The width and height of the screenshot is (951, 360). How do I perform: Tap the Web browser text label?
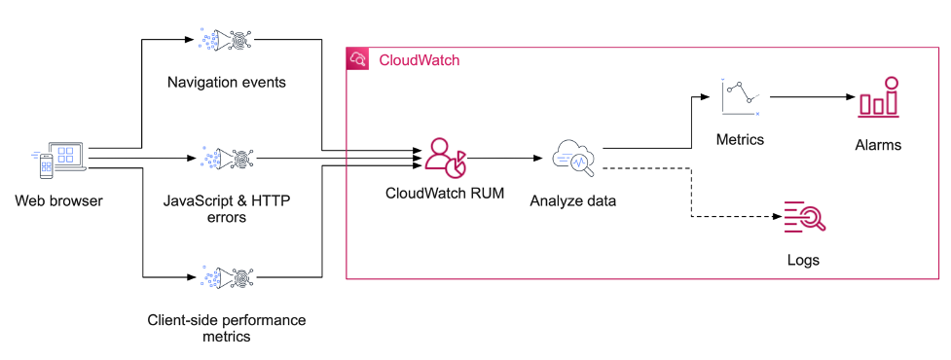(x=58, y=201)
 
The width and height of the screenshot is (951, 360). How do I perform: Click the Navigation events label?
(x=227, y=82)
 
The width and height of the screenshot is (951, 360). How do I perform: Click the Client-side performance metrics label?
(x=226, y=328)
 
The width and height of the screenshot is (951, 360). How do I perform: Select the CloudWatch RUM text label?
(x=445, y=193)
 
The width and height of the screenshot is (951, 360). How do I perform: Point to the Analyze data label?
(x=573, y=201)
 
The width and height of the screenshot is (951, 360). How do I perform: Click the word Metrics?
(x=740, y=139)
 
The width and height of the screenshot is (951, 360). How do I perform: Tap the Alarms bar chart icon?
(x=878, y=98)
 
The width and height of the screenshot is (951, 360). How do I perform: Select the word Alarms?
(x=878, y=145)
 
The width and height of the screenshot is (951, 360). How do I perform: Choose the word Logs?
(x=803, y=260)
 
